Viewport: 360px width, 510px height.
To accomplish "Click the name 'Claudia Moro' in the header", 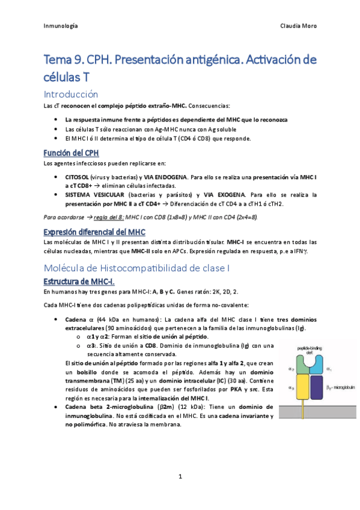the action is coord(299,26).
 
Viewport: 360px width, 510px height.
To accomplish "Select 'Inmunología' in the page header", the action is coord(61,26).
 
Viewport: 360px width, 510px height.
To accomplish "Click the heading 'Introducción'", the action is coord(71,94).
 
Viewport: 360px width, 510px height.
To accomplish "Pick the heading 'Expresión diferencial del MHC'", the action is coord(94,232).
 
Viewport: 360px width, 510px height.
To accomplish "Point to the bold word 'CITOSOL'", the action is coord(77,177).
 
